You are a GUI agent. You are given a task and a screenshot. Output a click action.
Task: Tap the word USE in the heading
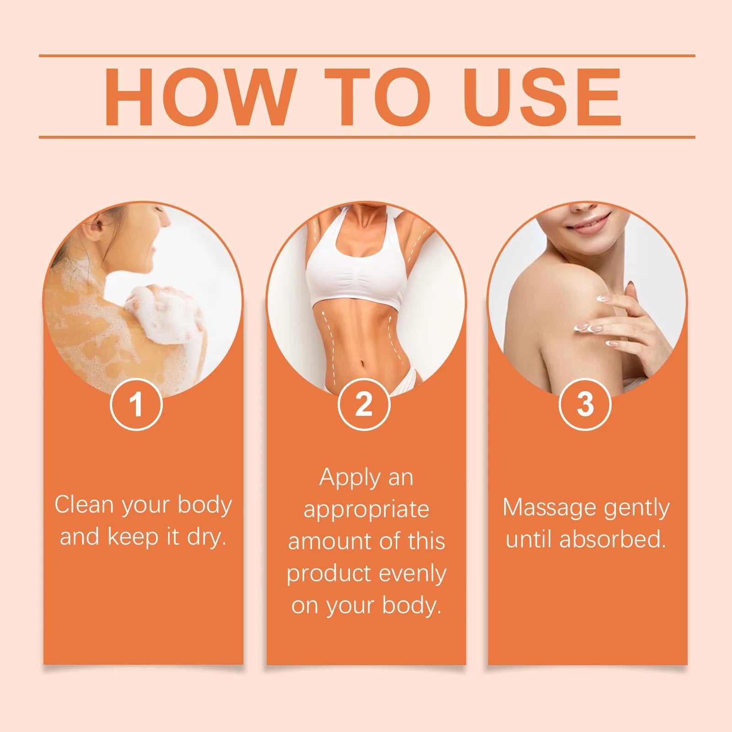[544, 97]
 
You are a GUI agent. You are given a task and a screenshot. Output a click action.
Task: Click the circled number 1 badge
[136, 404]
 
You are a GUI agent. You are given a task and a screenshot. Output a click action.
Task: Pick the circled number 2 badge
[364, 404]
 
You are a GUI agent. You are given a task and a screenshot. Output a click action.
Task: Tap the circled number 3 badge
[585, 404]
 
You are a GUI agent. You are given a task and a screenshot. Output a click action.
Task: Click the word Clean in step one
[85, 505]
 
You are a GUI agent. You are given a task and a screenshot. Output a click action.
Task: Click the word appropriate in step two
[366, 510]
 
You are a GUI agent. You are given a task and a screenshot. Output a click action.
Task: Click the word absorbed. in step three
[613, 539]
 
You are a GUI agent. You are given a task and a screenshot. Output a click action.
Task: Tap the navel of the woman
[363, 365]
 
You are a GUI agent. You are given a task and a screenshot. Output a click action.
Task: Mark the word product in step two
[329, 574]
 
